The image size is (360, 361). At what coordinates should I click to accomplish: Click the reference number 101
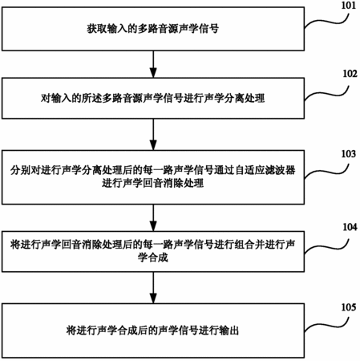349,6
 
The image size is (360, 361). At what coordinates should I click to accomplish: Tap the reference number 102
350,74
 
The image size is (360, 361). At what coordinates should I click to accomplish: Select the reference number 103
349,154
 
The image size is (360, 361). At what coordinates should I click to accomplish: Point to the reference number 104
350,227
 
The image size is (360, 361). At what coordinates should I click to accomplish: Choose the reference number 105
349,307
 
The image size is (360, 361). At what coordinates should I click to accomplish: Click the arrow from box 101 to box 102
153,64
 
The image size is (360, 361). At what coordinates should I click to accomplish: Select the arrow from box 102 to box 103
153,135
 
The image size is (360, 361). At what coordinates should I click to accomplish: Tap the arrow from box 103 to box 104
153,218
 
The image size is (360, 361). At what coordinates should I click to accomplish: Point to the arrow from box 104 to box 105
153,288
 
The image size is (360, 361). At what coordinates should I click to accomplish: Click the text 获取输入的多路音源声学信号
153,29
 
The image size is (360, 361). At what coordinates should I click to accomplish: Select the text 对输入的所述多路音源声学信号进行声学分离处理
153,98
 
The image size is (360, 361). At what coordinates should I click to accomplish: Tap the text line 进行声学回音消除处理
153,183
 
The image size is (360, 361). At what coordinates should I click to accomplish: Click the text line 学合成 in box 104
153,258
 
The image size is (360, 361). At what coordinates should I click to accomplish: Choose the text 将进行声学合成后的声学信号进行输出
153,331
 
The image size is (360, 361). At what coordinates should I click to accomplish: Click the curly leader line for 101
326,21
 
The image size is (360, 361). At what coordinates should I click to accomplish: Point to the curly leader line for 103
326,170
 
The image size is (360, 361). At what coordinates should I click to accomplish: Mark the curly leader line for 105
326,325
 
